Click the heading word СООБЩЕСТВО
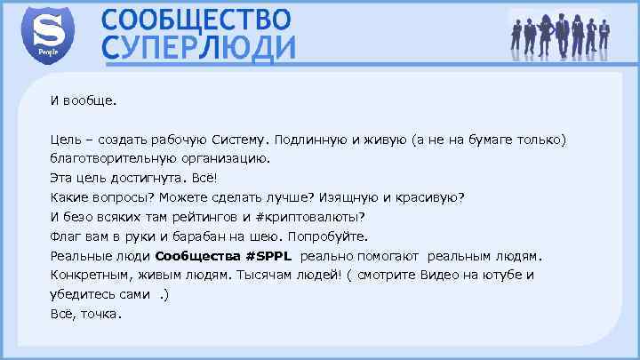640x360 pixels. [195, 19]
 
